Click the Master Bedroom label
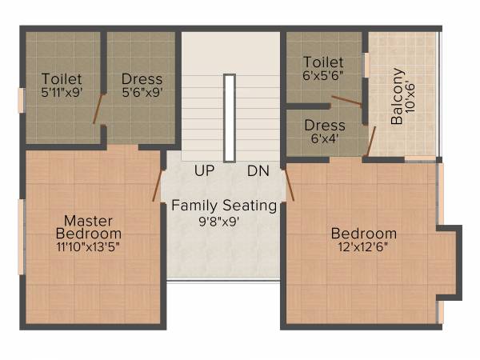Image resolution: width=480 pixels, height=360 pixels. [x=89, y=226]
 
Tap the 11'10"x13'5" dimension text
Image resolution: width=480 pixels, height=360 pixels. [x=89, y=246]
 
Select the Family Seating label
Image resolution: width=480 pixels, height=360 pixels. [x=224, y=206]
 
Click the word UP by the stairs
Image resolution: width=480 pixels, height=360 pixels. [x=204, y=170]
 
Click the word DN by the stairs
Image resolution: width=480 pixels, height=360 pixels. [x=258, y=170]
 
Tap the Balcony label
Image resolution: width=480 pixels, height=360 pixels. [x=397, y=107]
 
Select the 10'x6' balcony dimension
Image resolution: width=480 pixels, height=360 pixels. [x=410, y=99]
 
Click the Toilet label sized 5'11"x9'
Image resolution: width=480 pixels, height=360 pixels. [x=61, y=79]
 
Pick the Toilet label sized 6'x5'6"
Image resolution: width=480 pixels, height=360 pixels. [x=324, y=62]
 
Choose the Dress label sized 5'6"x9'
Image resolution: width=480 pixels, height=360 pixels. [x=142, y=79]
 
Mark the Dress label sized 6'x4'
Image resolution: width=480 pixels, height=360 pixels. [x=325, y=126]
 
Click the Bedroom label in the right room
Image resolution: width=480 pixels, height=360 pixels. [x=364, y=234]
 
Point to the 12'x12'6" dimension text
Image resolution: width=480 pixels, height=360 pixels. [x=364, y=248]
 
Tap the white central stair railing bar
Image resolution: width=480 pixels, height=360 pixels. [x=230, y=118]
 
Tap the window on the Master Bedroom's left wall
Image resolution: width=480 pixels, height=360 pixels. [x=22, y=226]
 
